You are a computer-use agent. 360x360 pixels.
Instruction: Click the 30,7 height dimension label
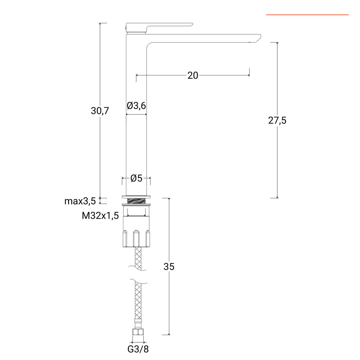(100, 111)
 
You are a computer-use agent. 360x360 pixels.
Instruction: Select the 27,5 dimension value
(277, 120)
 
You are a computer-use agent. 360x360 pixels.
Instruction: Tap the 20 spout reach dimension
(193, 75)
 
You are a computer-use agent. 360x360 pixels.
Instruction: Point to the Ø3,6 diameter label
(136, 106)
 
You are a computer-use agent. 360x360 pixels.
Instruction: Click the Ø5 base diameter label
(136, 178)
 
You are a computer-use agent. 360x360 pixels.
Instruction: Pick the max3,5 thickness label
(80, 201)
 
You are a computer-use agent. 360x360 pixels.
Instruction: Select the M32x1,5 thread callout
(100, 216)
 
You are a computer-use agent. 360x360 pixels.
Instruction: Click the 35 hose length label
(169, 267)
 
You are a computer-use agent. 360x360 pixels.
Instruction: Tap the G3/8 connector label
(138, 349)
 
